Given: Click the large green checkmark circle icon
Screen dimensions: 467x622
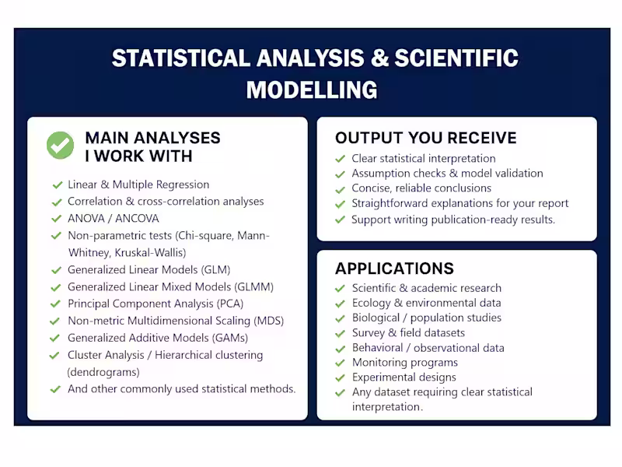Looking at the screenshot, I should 60,146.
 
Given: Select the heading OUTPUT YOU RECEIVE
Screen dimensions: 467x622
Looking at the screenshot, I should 425,138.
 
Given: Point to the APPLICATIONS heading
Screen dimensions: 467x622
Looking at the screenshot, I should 394,269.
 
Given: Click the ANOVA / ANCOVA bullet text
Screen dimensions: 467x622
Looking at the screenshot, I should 114,218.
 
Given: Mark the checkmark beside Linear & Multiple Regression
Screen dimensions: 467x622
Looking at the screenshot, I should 57,185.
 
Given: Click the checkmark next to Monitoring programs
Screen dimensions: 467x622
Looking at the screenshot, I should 340,363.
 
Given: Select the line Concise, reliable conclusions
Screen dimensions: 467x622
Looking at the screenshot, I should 421,188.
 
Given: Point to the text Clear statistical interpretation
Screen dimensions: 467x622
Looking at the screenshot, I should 423,158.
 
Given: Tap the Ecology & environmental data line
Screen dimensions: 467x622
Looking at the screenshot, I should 426,303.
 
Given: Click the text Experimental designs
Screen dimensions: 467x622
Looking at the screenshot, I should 404,377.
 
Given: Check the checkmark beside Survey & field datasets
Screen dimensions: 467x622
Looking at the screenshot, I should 340,333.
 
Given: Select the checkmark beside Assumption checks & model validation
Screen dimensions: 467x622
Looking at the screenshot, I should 340,174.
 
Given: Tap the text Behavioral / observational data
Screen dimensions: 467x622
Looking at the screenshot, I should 428,348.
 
